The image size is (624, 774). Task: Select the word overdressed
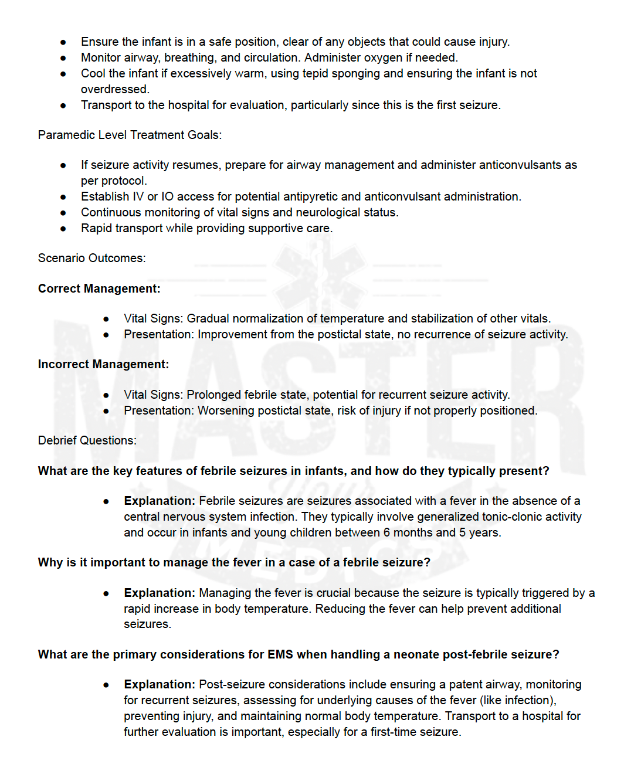point(114,89)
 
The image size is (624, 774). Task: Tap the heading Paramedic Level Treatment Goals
point(130,135)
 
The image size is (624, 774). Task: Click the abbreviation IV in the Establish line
point(138,196)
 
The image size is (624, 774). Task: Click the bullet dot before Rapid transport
point(63,229)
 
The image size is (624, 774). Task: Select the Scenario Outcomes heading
point(91,258)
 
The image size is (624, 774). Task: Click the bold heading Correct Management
point(99,288)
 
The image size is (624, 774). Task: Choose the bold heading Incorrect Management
point(103,364)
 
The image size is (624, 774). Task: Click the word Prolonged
point(213,395)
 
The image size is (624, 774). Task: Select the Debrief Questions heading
point(87,440)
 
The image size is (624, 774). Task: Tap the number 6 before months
point(386,532)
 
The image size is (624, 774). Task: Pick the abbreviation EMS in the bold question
point(280,654)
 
